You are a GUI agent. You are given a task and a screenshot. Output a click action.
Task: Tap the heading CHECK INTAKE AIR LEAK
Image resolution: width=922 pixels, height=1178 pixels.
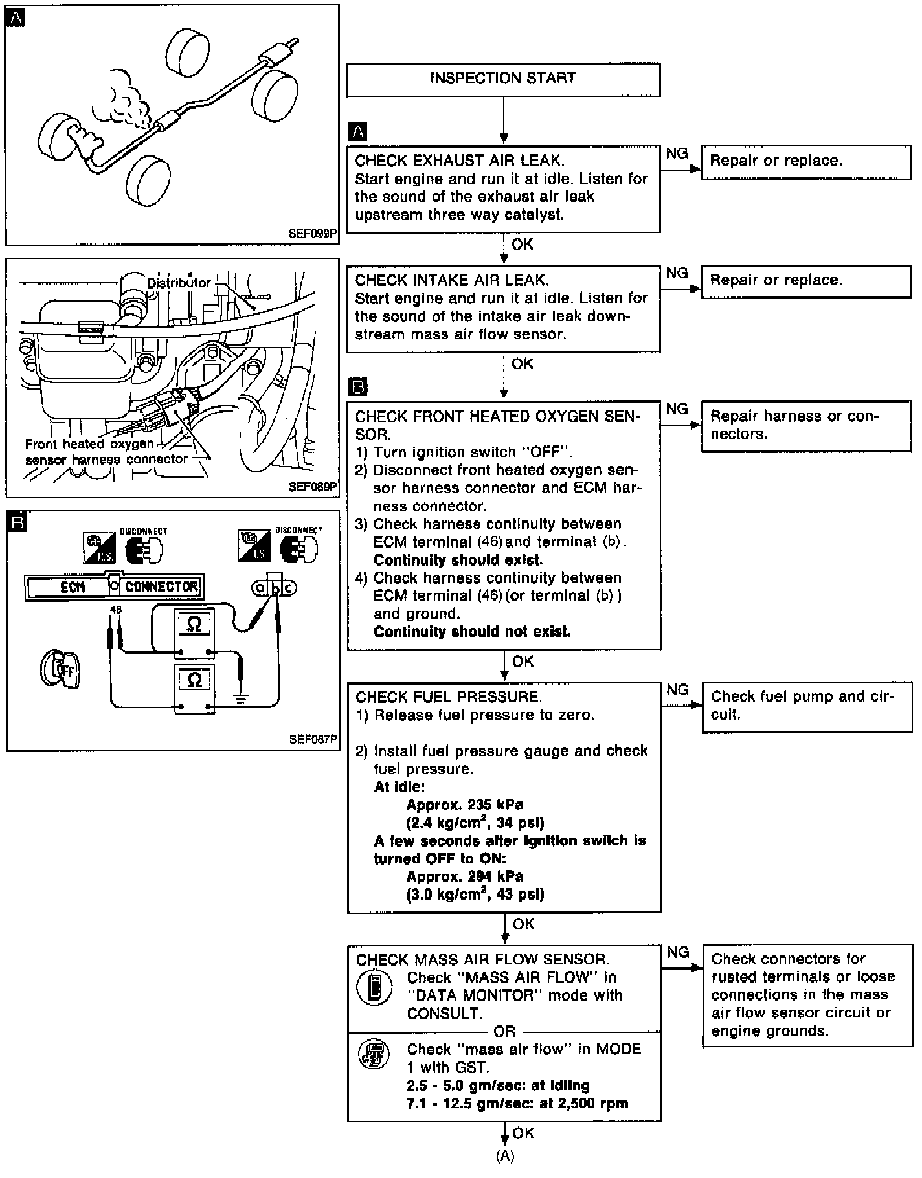pyautogui.click(x=452, y=280)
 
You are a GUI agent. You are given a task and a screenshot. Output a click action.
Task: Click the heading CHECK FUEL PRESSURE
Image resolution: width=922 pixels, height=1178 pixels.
pyautogui.click(x=448, y=697)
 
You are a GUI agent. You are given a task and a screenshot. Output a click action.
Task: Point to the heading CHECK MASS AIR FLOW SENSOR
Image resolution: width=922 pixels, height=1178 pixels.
pyautogui.click(x=482, y=959)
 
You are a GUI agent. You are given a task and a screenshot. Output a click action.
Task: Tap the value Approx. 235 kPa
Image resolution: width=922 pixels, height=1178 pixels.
pyautogui.click(x=464, y=805)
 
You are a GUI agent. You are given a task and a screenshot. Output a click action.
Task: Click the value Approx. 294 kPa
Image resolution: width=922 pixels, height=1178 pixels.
pyautogui.click(x=464, y=877)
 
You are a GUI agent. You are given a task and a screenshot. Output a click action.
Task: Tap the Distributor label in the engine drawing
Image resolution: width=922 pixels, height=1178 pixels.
pyautogui.click(x=179, y=283)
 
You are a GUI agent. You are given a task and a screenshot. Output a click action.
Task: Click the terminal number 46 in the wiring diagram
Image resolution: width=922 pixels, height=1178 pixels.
pyautogui.click(x=116, y=610)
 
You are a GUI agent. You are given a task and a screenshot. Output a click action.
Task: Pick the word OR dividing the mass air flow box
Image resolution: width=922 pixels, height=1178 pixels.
pyautogui.click(x=504, y=1032)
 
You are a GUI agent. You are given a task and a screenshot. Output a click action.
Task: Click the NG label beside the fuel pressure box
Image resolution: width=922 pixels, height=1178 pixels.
pyautogui.click(x=677, y=690)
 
